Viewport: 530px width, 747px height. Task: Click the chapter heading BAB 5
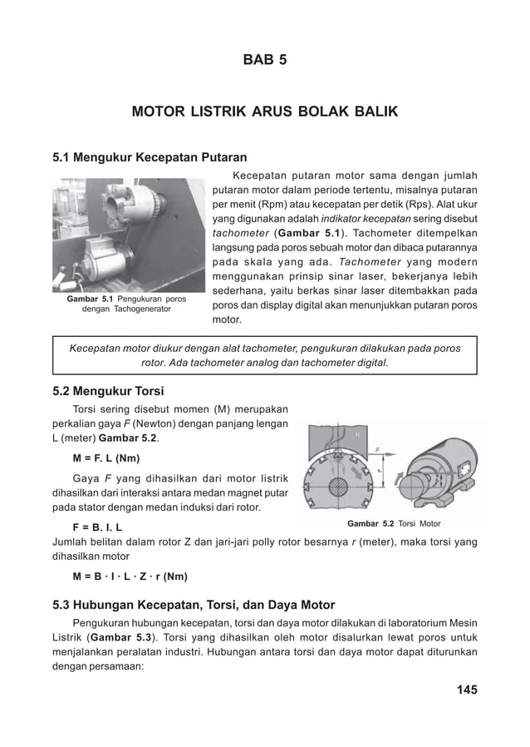264,60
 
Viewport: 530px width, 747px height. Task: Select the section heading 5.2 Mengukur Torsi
108,391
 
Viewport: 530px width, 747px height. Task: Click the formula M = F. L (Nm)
106,458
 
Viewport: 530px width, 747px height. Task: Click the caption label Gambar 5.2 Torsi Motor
393,524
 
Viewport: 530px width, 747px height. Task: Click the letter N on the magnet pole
358,433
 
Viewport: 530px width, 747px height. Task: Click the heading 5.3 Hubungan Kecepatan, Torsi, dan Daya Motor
194,605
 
